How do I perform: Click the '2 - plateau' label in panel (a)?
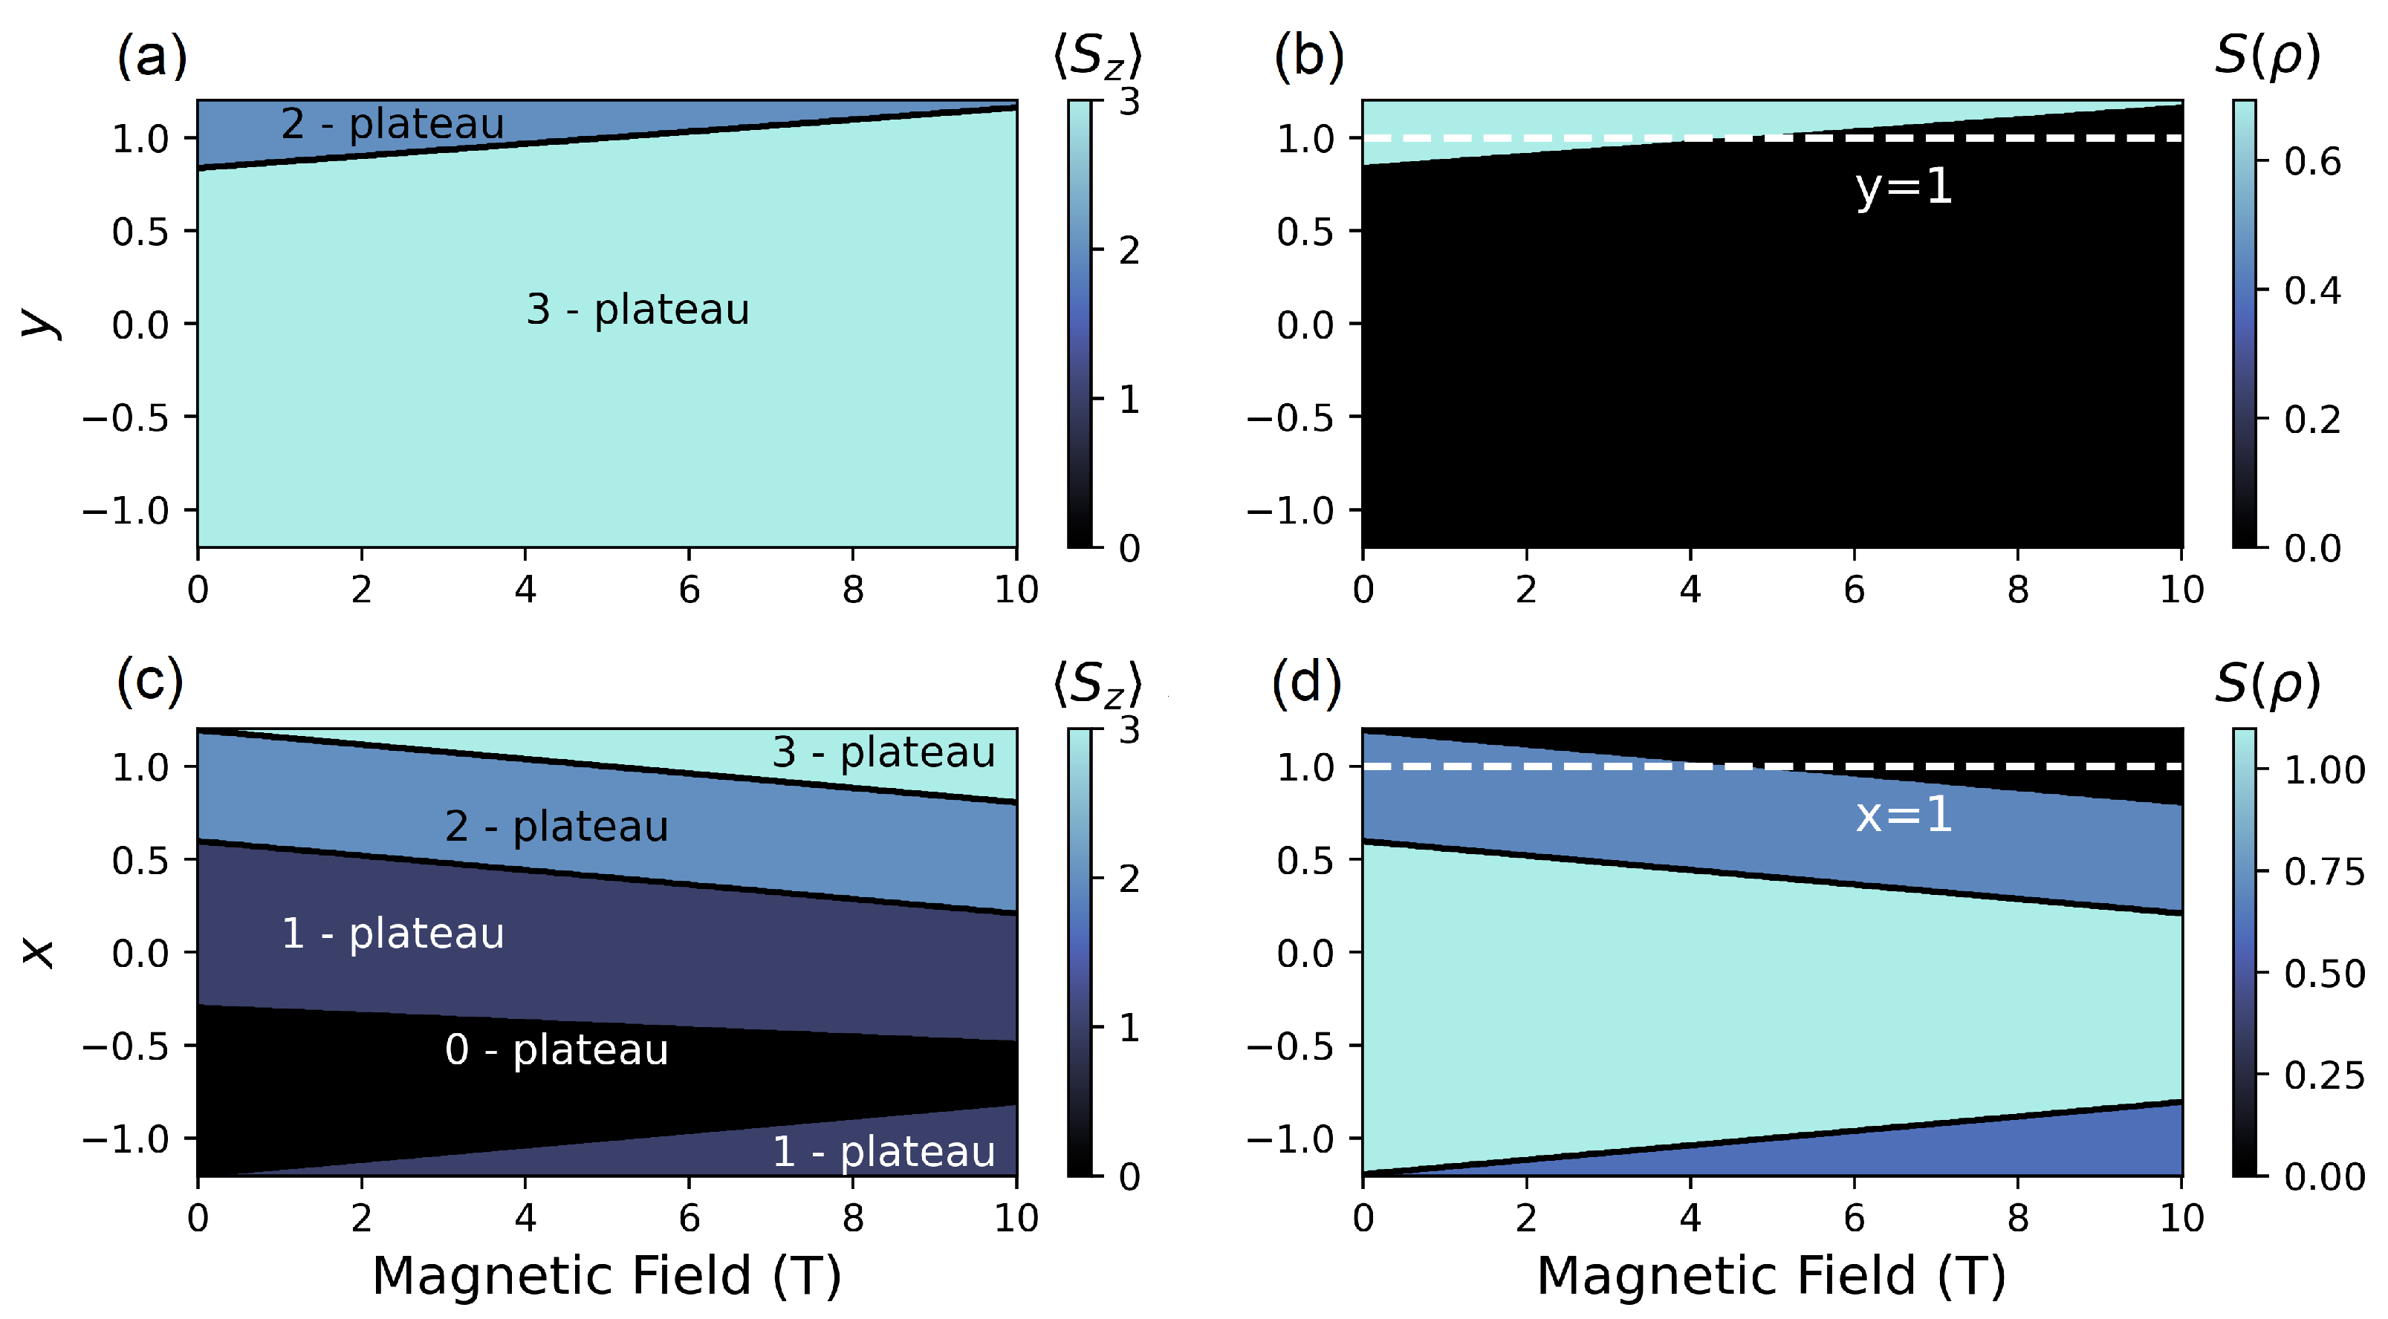tap(392, 123)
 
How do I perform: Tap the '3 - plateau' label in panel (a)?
tap(637, 309)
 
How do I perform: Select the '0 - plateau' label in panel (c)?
tap(557, 1049)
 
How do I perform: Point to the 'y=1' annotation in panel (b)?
tap(1903, 187)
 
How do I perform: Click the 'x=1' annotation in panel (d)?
tap(1903, 815)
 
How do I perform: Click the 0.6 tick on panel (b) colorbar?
tap(2312, 161)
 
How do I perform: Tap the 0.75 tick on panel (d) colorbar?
tap(2323, 871)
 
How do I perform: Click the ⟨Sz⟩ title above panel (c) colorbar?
tap(1097, 685)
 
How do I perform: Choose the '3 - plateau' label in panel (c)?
tap(883, 752)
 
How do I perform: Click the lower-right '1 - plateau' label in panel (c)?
tap(883, 1151)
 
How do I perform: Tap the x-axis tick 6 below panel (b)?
tap(1853, 590)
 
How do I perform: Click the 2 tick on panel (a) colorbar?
tap(1128, 250)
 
